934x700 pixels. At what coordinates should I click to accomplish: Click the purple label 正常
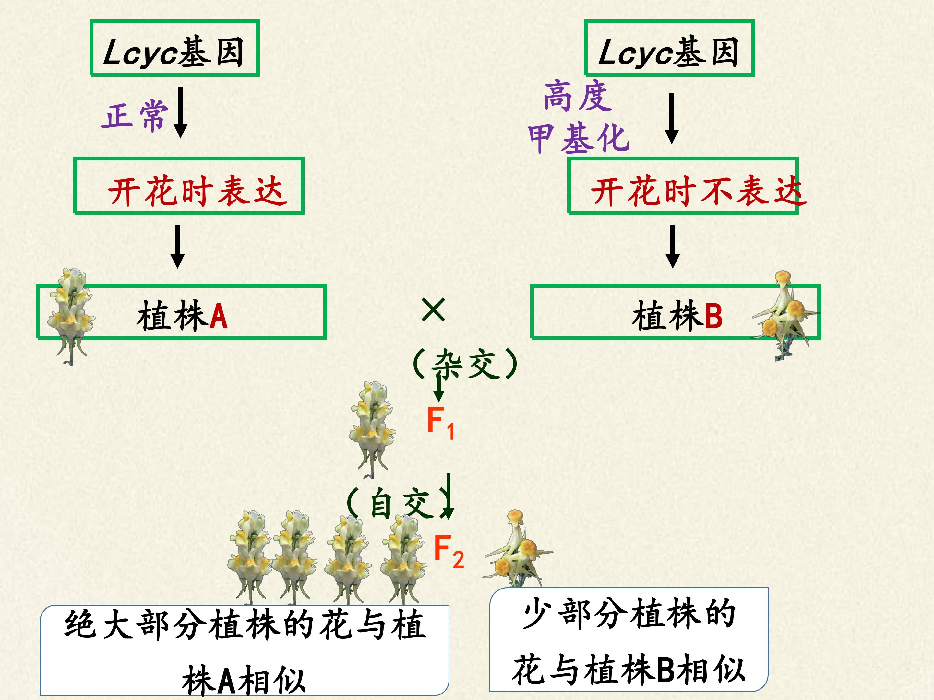coord(135,116)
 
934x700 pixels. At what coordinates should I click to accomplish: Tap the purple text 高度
coord(578,96)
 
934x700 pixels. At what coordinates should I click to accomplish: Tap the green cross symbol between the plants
coord(433,310)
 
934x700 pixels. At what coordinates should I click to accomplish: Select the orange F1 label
coord(440,423)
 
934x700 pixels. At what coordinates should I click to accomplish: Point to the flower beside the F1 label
coord(372,429)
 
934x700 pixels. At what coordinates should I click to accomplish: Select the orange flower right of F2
coord(519,549)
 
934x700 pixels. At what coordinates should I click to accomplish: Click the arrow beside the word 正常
coord(180,112)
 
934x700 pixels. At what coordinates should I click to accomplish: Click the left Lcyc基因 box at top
coord(174,48)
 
